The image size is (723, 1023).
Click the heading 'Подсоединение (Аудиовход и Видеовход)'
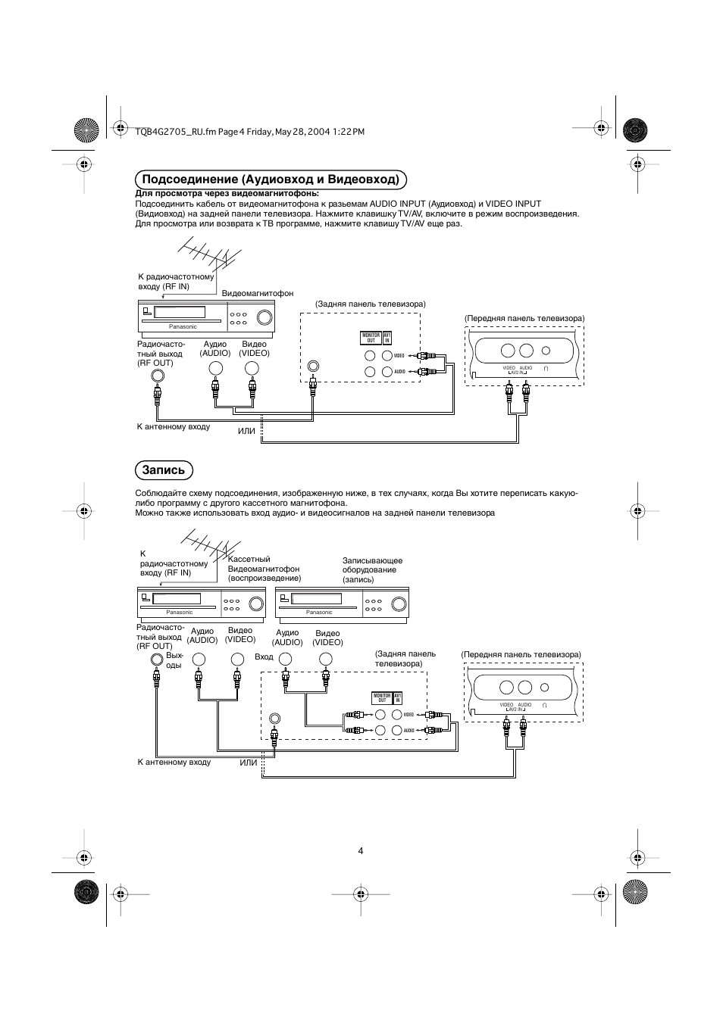point(271,179)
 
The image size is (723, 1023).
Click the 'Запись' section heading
point(164,470)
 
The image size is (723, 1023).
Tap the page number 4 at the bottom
point(361,850)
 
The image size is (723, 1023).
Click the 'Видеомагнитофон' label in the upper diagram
point(257,293)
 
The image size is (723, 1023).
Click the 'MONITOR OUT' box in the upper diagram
point(371,338)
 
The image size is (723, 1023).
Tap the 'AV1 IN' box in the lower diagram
point(398,697)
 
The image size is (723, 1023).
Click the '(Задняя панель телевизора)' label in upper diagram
point(371,304)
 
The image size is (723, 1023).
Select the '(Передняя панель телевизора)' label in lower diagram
point(521,654)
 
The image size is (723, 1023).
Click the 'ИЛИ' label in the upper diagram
point(247,431)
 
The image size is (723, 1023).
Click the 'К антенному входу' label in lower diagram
point(174,762)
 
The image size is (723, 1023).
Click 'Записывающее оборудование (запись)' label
point(372,570)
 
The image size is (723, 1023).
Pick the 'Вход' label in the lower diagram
point(264,657)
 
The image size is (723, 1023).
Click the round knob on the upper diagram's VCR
point(264,317)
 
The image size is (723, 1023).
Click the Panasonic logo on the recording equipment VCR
point(319,612)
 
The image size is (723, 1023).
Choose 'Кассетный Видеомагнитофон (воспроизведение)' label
point(264,569)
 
